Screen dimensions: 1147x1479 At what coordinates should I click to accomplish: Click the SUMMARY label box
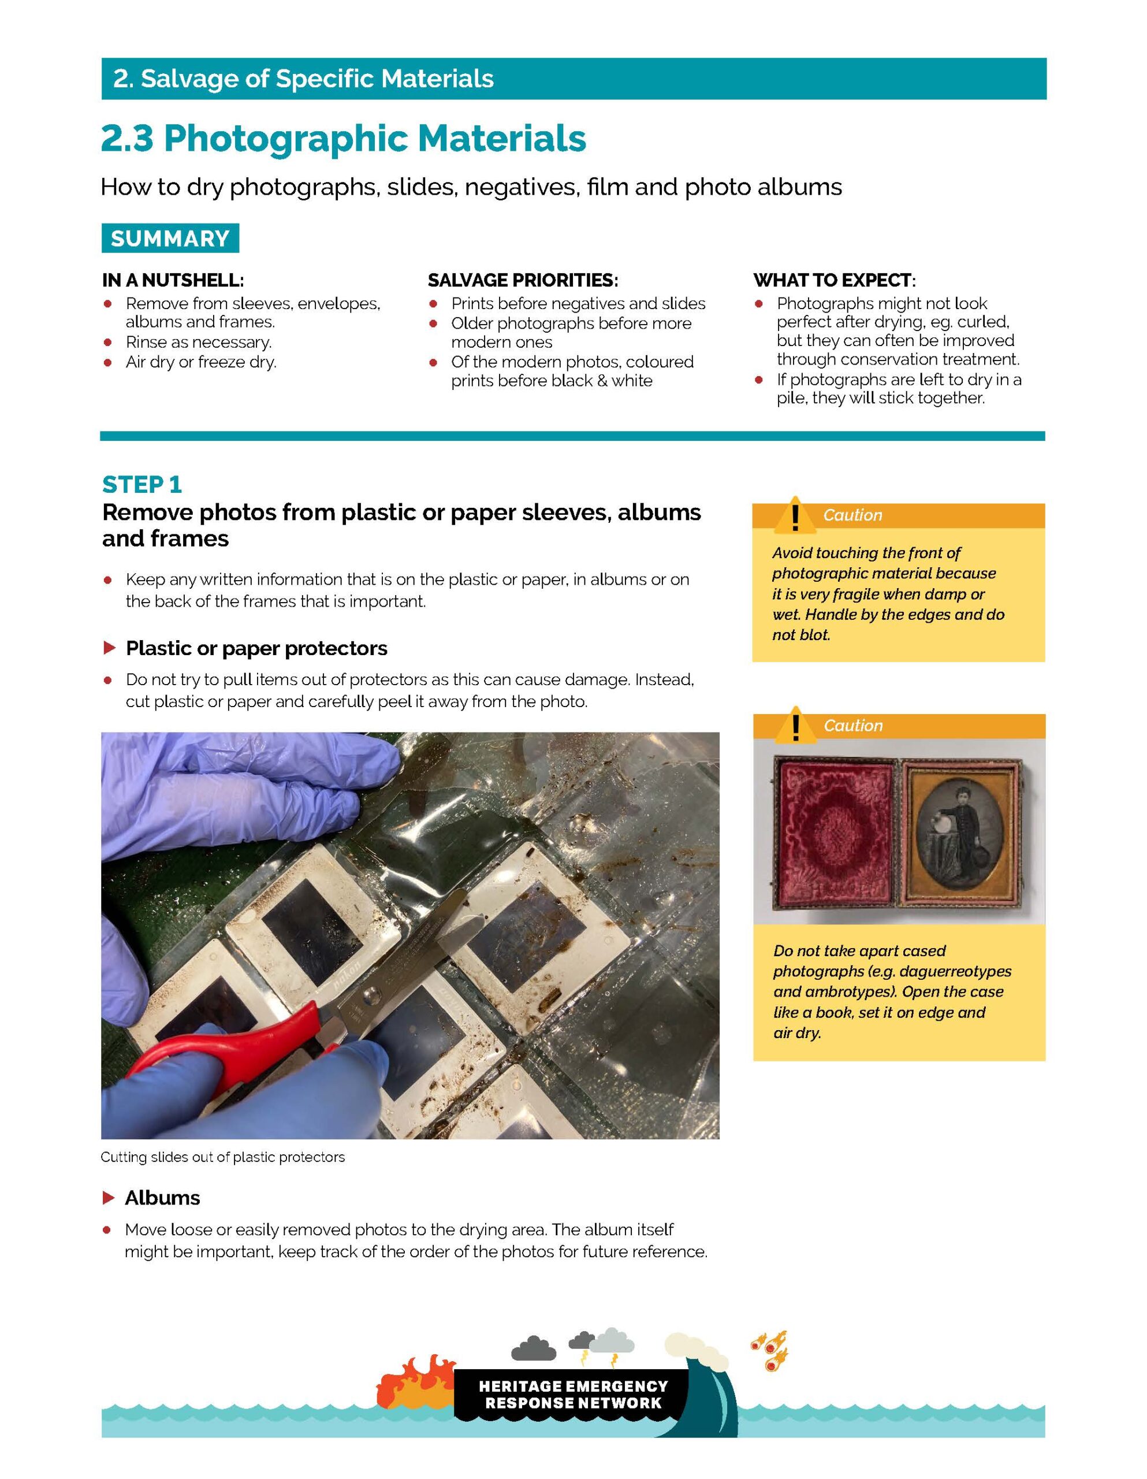[x=170, y=239]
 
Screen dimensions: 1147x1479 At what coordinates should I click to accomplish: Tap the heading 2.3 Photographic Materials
[x=343, y=139]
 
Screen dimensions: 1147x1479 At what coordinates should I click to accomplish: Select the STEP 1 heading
[x=142, y=485]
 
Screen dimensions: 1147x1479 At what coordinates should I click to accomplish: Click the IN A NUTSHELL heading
[x=173, y=280]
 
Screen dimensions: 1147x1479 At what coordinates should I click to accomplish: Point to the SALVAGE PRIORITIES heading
[x=523, y=280]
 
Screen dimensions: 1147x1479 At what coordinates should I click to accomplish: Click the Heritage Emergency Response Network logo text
[x=573, y=1395]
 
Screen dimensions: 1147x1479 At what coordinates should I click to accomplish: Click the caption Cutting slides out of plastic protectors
[x=223, y=1157]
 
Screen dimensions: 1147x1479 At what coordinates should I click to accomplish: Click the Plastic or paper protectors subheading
[x=256, y=649]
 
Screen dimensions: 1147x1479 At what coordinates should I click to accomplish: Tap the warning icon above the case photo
[x=796, y=724]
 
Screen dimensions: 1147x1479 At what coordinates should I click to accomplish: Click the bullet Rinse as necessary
[x=199, y=343]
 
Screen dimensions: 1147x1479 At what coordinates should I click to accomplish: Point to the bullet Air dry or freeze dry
[x=201, y=362]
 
